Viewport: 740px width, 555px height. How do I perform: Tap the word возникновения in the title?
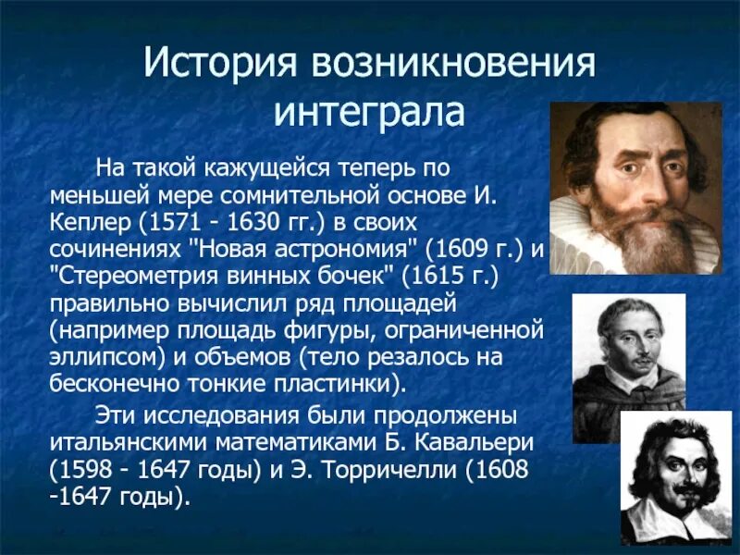tap(453, 64)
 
